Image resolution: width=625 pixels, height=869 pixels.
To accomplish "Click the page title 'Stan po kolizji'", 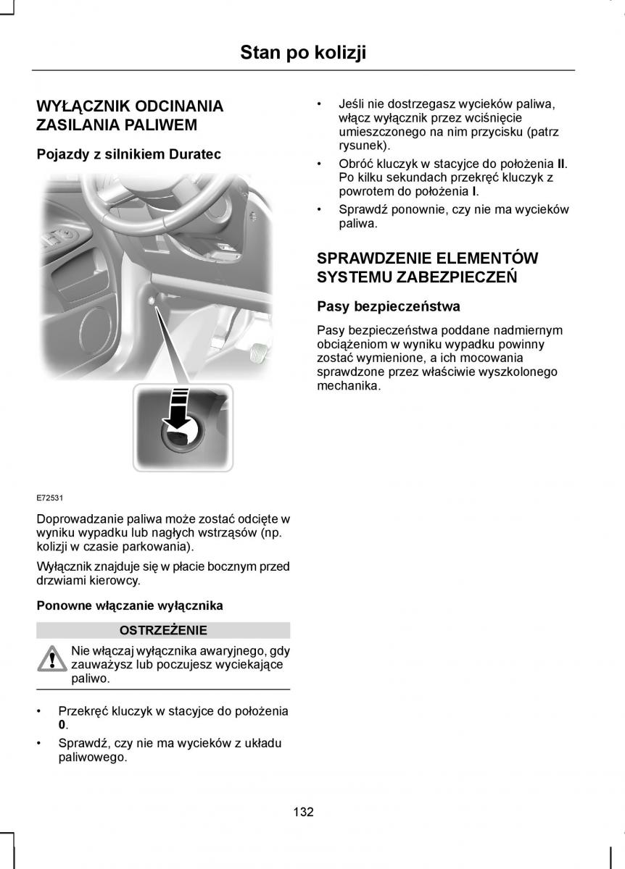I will (303, 52).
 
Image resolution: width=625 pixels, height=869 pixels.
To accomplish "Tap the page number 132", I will (303, 811).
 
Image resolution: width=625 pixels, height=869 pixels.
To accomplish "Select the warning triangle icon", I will (52, 659).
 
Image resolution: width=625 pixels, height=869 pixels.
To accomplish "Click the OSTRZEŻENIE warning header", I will (163, 630).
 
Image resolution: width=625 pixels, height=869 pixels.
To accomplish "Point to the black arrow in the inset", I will (176, 409).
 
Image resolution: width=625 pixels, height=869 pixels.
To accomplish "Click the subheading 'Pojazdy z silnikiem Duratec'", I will (128, 154).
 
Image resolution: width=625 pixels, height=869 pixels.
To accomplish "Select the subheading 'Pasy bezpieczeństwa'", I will (389, 306).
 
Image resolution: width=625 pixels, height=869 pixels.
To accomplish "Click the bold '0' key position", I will (62, 725).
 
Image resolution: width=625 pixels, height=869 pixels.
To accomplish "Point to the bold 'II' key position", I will (561, 164).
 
